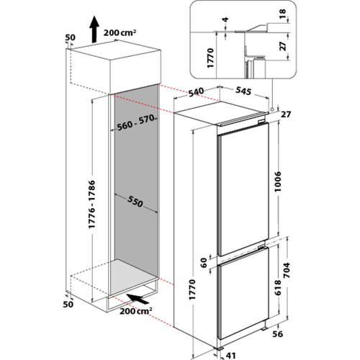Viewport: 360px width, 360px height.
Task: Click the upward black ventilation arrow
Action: pyautogui.click(x=95, y=29)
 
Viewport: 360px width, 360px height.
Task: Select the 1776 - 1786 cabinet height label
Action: pyautogui.click(x=92, y=204)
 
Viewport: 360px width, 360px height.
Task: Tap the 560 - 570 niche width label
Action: pyautogui.click(x=135, y=122)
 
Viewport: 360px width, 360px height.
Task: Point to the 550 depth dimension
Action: pyautogui.click(x=135, y=201)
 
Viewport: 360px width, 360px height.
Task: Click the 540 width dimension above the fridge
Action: pyautogui.click(x=196, y=93)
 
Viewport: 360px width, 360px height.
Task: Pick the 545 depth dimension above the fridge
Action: pyautogui.click(x=243, y=91)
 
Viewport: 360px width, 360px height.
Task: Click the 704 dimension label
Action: pyautogui.click(x=287, y=270)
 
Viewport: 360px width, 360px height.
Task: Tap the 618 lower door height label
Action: pyautogui.click(x=277, y=287)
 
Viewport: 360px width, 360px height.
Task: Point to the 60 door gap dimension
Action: pyautogui.click(x=204, y=263)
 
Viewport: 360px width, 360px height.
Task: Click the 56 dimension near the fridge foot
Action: pyautogui.click(x=277, y=334)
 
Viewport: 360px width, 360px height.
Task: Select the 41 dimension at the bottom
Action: pyautogui.click(x=230, y=355)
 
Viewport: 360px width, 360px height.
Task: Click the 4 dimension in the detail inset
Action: pyautogui.click(x=225, y=19)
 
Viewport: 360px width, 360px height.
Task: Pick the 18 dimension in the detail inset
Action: pyautogui.click(x=283, y=14)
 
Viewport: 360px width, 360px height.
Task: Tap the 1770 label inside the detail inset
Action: pyautogui.click(x=210, y=58)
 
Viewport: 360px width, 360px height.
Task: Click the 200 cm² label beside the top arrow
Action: pyautogui.click(x=120, y=32)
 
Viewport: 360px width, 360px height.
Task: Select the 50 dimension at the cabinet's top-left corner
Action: pyautogui.click(x=71, y=37)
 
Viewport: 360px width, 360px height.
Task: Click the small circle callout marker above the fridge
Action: pyautogui.click(x=272, y=109)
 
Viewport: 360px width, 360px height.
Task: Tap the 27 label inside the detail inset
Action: pyautogui.click(x=283, y=46)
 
